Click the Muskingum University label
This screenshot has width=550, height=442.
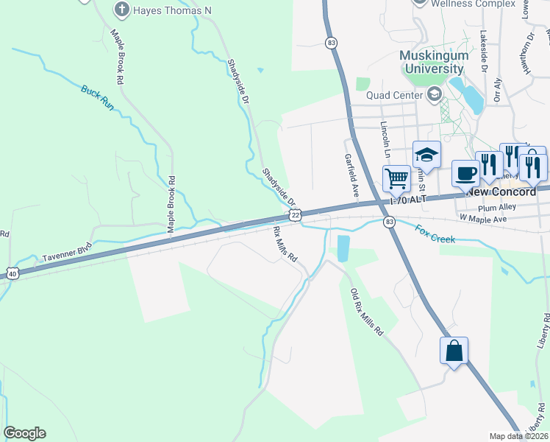pyautogui.click(x=432, y=63)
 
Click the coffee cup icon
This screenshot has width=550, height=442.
pyautogui.click(x=465, y=174)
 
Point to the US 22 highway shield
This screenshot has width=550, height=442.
pyautogui.click(x=295, y=214)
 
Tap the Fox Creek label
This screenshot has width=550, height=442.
pyautogui.click(x=435, y=234)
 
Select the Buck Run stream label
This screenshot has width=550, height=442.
pyautogui.click(x=98, y=98)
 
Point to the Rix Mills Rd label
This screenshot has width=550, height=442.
pyautogui.click(x=285, y=245)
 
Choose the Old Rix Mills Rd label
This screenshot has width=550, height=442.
pyautogui.click(x=366, y=312)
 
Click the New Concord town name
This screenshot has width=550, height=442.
pyautogui.click(x=501, y=192)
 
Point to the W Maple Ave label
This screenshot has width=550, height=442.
pyautogui.click(x=483, y=220)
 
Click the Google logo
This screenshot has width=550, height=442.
pyautogui.click(x=24, y=433)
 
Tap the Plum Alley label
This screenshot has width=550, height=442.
pyautogui.click(x=518, y=207)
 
